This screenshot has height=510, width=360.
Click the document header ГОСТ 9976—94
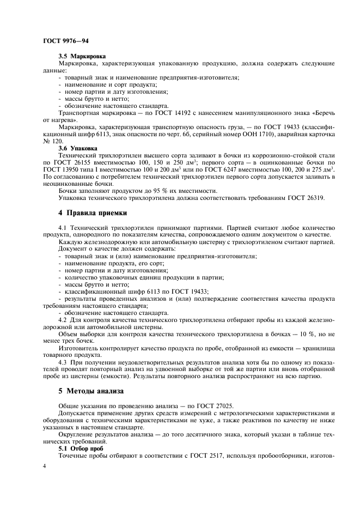pos(61,41)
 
